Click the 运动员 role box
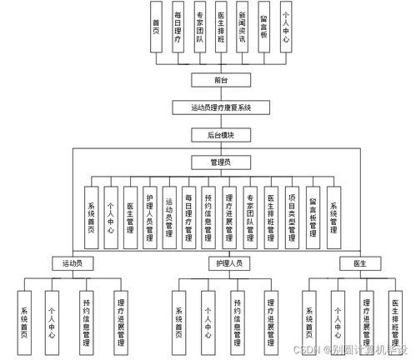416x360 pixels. [x=72, y=262]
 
